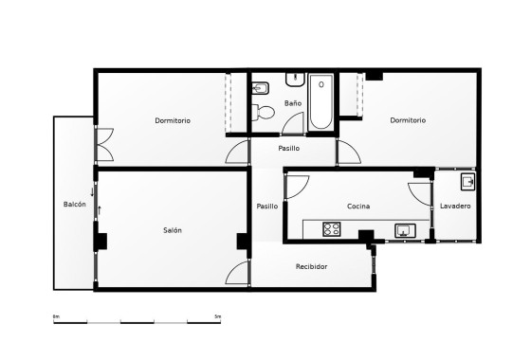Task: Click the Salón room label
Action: pos(173,230)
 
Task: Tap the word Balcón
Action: pos(75,205)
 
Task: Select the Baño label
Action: pos(293,102)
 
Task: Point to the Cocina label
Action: pos(358,206)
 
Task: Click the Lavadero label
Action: pos(455,206)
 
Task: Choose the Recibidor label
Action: pos(311,266)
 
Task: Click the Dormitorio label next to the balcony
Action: pos(173,120)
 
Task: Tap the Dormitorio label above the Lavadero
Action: pos(407,120)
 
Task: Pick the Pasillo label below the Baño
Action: pos(289,149)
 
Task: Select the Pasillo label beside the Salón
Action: pos(267,206)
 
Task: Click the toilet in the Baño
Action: pos(265,114)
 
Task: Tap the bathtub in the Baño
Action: pos(320,102)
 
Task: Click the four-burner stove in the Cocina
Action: pos(332,228)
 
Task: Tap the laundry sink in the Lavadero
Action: pos(467,180)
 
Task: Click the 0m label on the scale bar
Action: pos(56,315)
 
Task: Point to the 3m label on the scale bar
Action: pos(218,315)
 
